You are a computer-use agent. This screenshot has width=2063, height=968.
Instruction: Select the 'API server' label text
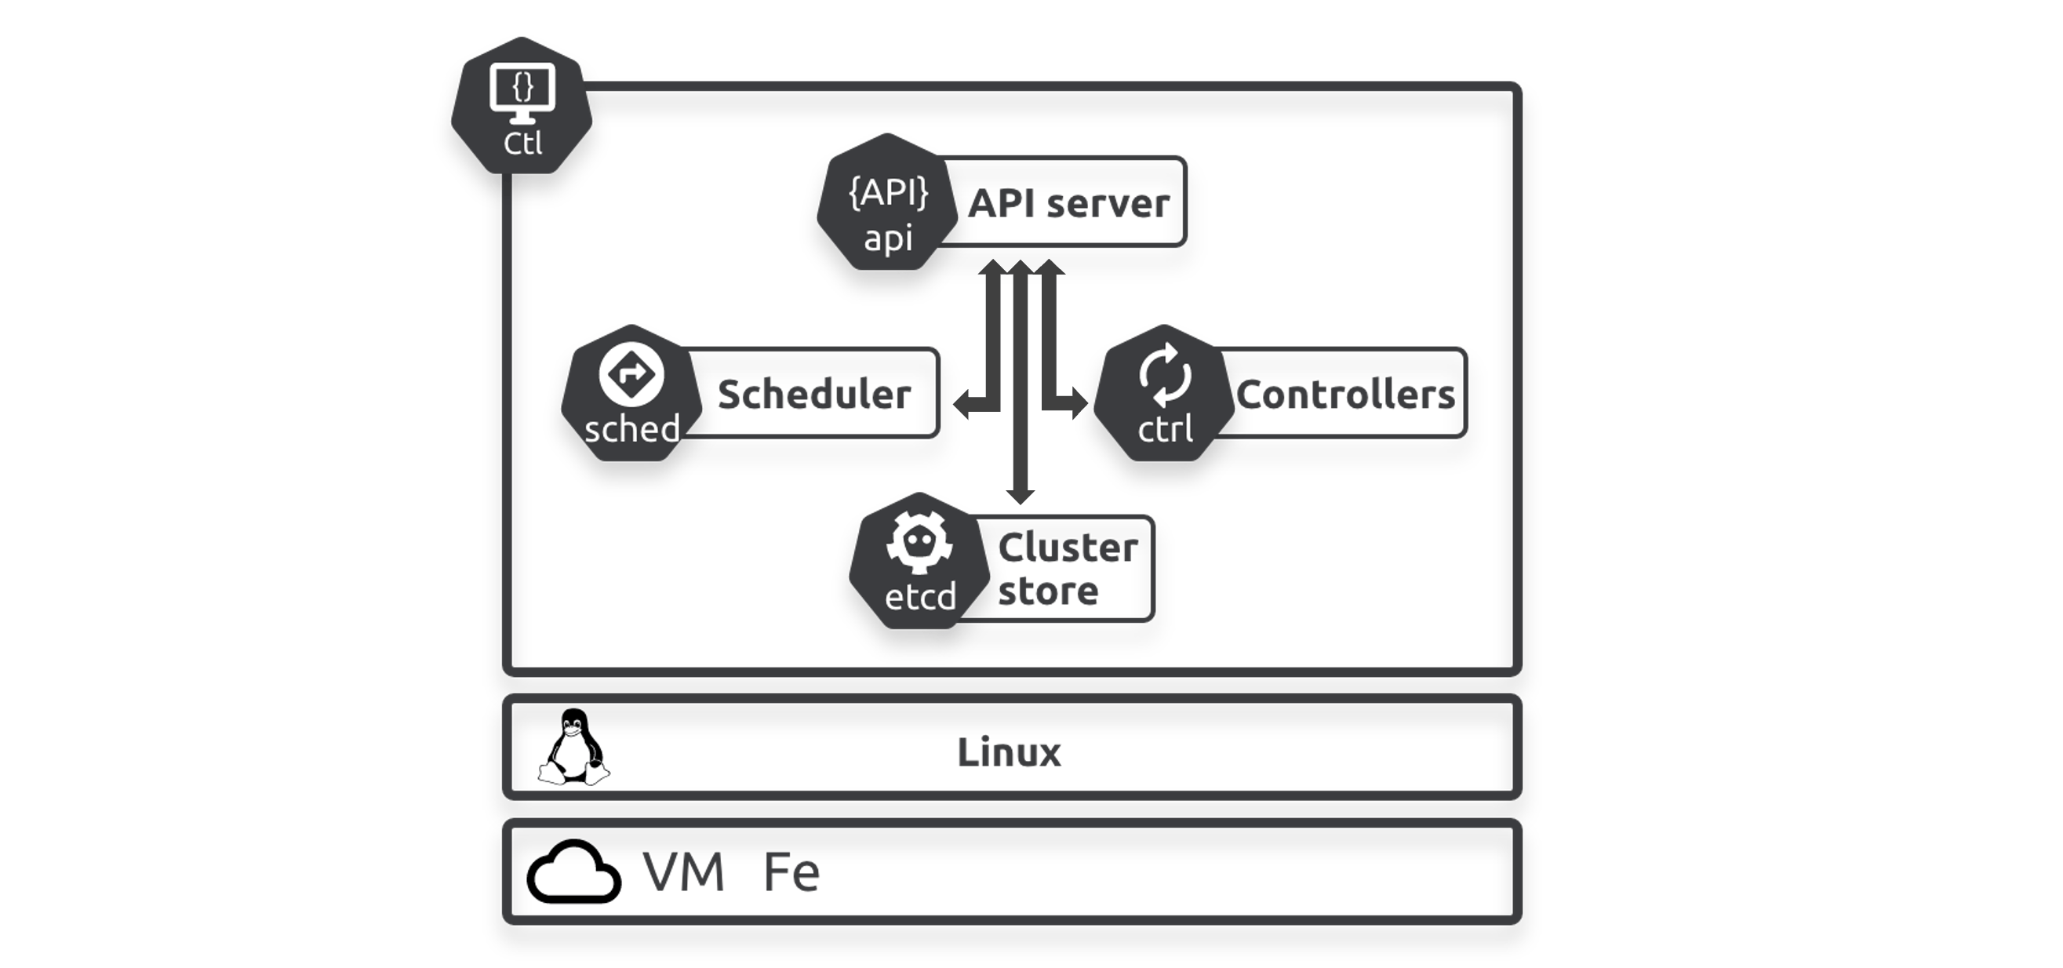[1068, 203]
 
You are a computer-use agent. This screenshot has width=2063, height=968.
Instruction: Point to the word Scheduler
[813, 394]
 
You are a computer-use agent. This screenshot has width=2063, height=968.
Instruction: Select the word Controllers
[1345, 394]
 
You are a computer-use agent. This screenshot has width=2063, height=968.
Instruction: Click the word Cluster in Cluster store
[1068, 548]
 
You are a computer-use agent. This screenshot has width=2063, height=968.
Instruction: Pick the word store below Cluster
[1047, 591]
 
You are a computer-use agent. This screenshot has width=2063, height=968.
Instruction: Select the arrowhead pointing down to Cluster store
[1020, 494]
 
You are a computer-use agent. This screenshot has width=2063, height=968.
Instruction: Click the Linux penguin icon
[573, 748]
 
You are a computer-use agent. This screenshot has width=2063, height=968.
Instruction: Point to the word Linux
[1008, 752]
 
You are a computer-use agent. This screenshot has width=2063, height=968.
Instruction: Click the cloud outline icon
[573, 872]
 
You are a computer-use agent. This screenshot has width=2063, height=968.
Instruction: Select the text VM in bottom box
[683, 872]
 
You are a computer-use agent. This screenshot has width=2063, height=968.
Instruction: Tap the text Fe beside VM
[791, 872]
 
